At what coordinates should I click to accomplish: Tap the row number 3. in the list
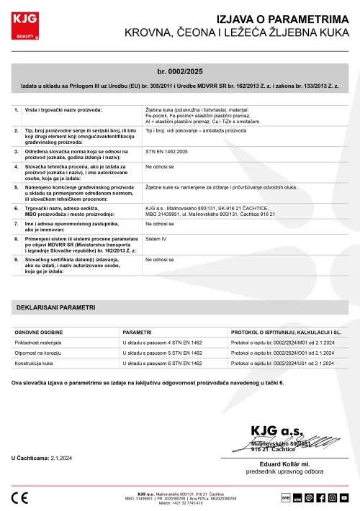pos(17,152)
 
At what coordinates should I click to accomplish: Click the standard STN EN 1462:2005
pos(167,152)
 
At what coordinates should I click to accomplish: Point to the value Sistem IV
pos(156,236)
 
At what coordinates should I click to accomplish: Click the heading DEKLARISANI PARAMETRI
pos(55,307)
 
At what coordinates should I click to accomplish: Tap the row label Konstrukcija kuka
pos(35,365)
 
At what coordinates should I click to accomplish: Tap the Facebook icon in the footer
pos(320,497)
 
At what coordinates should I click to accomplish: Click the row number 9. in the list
pos(17,257)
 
